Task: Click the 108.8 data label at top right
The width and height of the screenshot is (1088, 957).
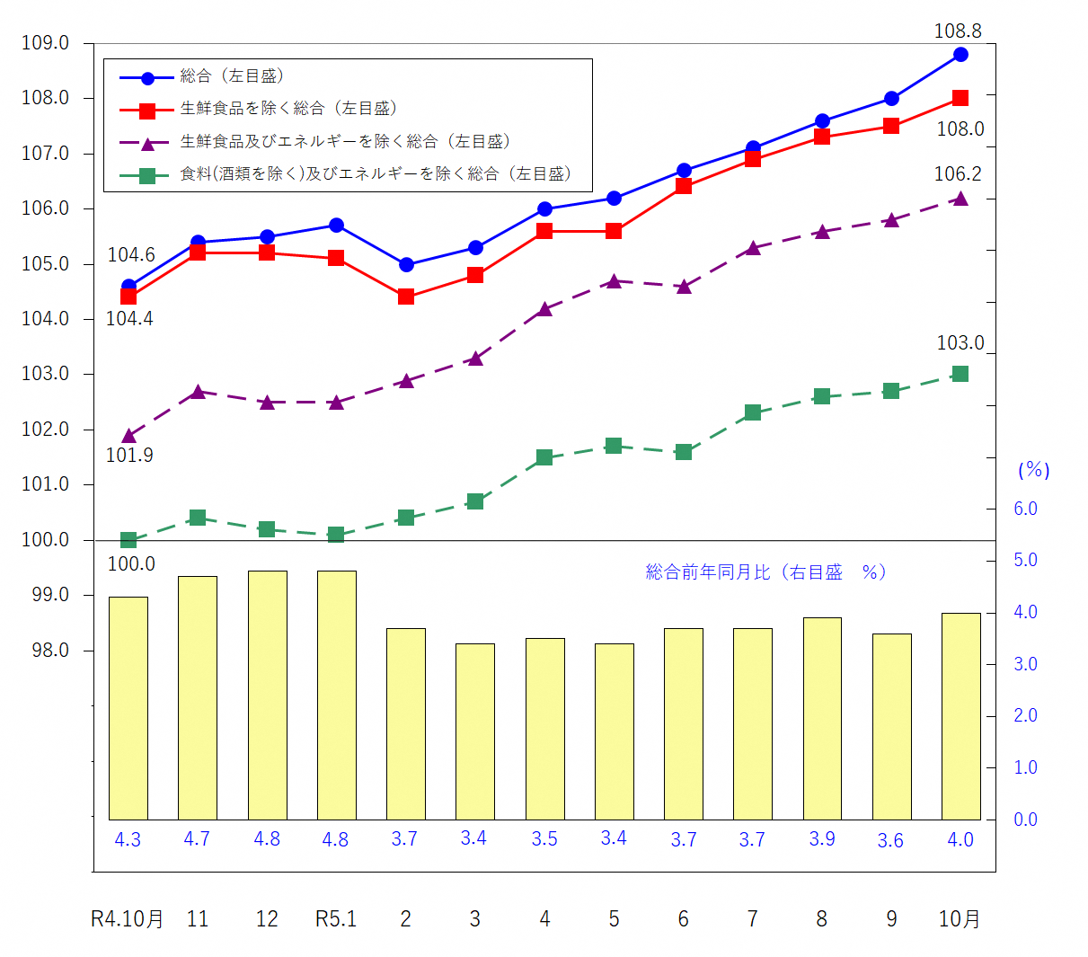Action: click(x=957, y=31)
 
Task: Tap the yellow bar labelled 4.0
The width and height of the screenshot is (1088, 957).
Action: click(x=960, y=716)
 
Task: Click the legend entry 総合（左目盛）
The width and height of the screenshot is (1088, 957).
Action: click(x=232, y=77)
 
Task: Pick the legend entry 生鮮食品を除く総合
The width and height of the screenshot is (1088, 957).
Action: click(x=287, y=109)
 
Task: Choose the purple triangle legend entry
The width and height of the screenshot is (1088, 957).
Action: click(x=345, y=142)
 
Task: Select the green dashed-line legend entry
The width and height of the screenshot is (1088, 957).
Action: click(x=376, y=174)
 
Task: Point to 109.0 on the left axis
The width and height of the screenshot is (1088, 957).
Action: click(x=46, y=43)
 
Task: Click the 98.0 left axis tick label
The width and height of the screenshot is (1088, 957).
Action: click(x=50, y=651)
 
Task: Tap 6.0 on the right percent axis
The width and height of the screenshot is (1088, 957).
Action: click(x=1025, y=509)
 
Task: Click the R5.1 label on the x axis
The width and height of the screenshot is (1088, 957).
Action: click(x=336, y=919)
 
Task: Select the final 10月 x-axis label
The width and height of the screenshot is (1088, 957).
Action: click(x=960, y=919)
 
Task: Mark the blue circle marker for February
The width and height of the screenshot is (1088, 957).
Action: click(x=406, y=265)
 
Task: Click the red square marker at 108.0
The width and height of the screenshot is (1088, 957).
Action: click(x=960, y=98)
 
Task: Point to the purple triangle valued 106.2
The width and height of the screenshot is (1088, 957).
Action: click(x=960, y=199)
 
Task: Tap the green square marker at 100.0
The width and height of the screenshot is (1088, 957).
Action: click(x=128, y=540)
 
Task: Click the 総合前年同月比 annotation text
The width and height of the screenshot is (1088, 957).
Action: click(x=765, y=572)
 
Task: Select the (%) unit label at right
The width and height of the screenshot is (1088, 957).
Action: click(x=1033, y=470)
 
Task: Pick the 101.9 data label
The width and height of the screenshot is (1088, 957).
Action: click(x=129, y=456)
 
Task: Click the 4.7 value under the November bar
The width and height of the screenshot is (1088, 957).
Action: click(x=197, y=839)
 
